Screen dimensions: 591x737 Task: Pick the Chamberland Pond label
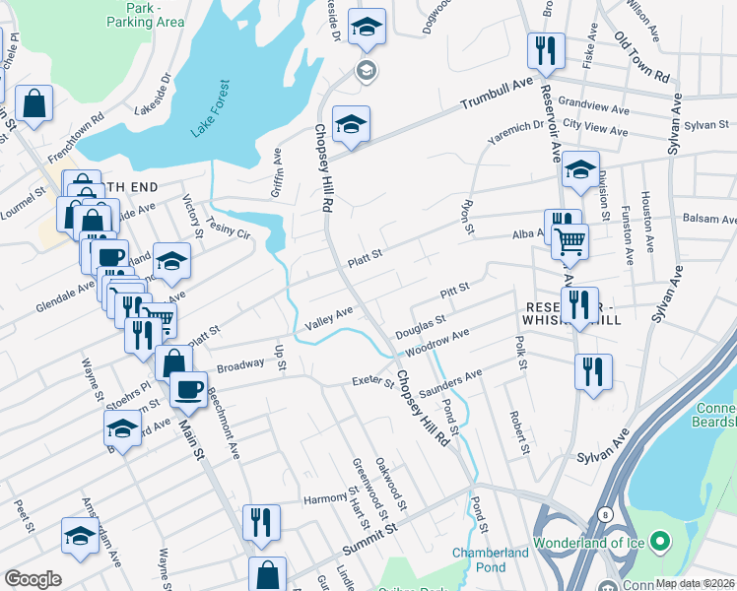pos(491,560)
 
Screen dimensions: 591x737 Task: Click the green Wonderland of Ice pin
pos(660,541)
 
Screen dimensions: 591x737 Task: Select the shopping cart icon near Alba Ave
pos(569,239)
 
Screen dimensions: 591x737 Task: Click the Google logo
pos(33,579)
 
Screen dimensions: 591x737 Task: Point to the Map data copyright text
pos(695,583)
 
